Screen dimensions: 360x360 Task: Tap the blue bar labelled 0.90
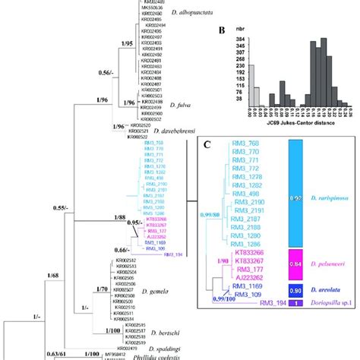point(297,289)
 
